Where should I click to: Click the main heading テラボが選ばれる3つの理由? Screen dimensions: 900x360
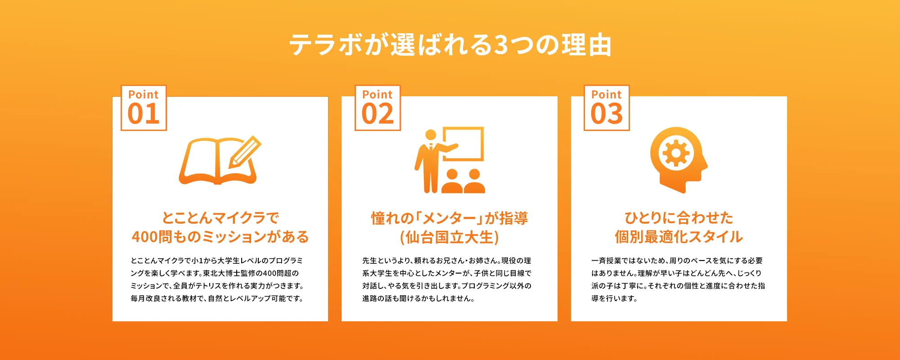click(450, 45)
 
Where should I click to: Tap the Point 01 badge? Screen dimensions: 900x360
click(144, 108)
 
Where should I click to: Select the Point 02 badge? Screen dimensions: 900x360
click(378, 108)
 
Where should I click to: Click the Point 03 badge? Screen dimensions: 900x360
click(607, 108)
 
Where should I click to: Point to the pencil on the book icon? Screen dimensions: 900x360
click(246, 151)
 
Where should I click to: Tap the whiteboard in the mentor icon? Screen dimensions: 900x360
click(463, 144)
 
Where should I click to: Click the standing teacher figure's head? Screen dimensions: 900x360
click(431, 135)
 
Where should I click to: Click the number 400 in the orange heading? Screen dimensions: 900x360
click(145, 237)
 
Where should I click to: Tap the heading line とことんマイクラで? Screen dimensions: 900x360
click(220, 218)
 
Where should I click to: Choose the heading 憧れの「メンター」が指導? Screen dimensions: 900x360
click(450, 218)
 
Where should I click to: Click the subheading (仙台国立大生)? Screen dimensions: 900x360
click(450, 237)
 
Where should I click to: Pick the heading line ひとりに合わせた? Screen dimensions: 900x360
click(679, 218)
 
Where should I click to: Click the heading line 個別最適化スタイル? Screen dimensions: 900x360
click(679, 237)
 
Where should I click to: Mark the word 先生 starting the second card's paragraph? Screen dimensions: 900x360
click(369, 261)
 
